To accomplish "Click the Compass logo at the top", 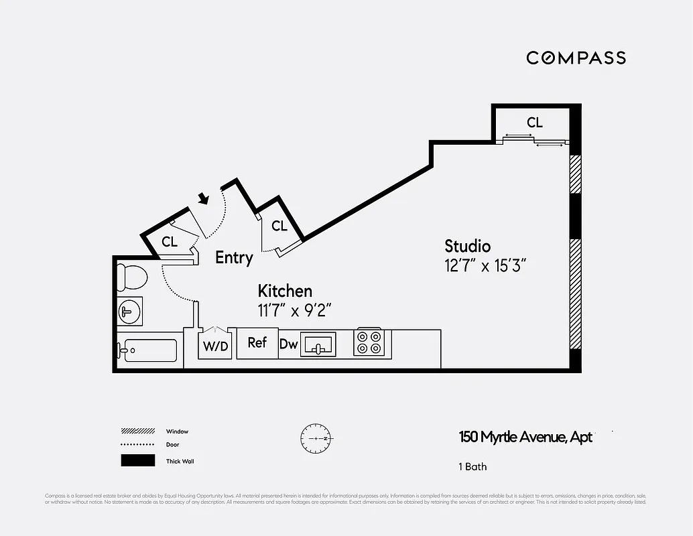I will coord(576,58).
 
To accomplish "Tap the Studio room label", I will coord(468,246).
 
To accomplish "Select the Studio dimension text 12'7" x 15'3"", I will coord(481,265).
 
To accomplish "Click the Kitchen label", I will coord(285,291).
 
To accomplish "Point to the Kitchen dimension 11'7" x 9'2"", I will coord(295,310).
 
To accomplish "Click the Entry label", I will coord(234,257).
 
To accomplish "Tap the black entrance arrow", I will coord(204,198).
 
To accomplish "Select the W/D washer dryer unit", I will coord(215,344).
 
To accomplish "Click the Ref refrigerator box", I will coord(257,342).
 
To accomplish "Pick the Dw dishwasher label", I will coord(288,344).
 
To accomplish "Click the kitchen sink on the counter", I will coord(318,344).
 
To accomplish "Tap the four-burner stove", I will coord(368,342).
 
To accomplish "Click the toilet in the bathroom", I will coord(131,277).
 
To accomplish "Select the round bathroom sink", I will coord(129,312).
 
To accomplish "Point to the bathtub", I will coord(147,350).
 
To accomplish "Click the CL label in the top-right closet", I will coord(534,123).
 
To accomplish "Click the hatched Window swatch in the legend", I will coord(137,431).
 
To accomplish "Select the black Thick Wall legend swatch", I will coord(137,461).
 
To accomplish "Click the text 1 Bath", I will coord(472,466).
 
